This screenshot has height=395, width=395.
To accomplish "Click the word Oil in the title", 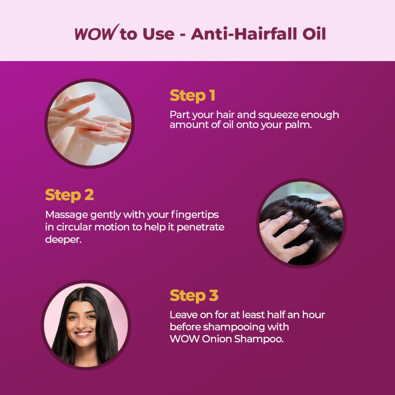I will (x=314, y=33).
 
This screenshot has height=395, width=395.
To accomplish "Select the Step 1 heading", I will (x=192, y=96).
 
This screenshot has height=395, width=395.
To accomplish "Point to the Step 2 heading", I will (x=69, y=195).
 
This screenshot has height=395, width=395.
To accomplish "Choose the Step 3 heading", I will (x=194, y=296).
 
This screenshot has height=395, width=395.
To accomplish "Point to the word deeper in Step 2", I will (x=63, y=240).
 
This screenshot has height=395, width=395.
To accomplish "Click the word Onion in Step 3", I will (x=217, y=339).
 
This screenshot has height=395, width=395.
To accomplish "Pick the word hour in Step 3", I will (x=313, y=315).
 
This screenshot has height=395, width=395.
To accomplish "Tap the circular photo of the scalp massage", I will (x=301, y=223).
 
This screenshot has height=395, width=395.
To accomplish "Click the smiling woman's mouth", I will (x=83, y=334).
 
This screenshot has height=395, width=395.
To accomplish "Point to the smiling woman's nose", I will (x=82, y=325).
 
